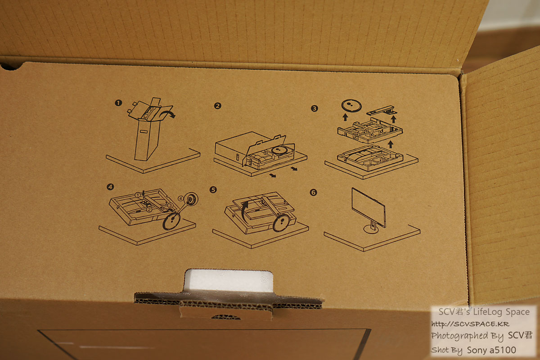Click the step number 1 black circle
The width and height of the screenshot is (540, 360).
tap(118, 103)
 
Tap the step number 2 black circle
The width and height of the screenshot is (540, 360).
tap(217, 106)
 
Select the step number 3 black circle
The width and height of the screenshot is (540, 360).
tap(314, 108)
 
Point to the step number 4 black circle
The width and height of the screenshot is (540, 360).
tap(110, 187)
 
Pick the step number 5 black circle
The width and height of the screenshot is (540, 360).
tap(213, 190)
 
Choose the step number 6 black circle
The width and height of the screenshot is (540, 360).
tap(313, 193)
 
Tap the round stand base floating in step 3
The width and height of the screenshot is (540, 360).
tap(351, 106)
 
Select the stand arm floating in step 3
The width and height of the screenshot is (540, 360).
tap(382, 111)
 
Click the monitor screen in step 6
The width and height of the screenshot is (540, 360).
tap(369, 207)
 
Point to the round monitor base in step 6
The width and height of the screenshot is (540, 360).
tap(371, 229)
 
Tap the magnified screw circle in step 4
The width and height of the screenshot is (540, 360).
tap(191, 199)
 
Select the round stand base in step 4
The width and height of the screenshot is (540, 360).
tap(171, 221)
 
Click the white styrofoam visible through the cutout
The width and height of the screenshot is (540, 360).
tap(229, 280)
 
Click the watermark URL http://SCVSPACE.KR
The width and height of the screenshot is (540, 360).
tap(470, 324)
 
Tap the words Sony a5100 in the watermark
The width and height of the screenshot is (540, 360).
tap(491, 350)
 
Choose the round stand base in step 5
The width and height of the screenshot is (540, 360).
tap(281, 223)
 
